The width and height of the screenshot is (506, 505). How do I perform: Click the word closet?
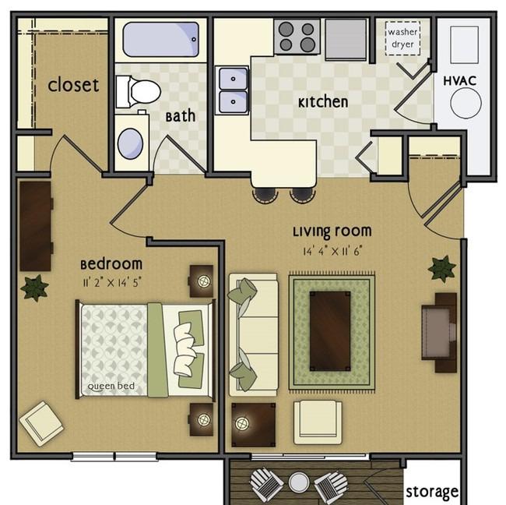pos(73,85)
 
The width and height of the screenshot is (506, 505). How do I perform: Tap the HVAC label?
pos(459,81)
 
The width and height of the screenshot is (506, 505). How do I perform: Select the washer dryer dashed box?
pos(402,38)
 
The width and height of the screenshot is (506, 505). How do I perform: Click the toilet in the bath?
pos(138,92)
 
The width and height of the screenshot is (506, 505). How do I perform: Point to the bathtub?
pos(160,40)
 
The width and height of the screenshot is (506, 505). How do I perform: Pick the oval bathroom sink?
pos(130,143)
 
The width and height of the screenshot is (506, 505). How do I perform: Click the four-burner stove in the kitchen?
pos(297,37)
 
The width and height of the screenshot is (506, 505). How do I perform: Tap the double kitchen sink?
pos(233,90)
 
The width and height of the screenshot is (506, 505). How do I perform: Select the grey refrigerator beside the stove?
pos(346,40)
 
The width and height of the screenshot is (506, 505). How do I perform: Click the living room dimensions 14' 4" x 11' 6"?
pos(332,251)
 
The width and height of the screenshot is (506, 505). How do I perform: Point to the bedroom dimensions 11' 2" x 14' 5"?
pos(111,283)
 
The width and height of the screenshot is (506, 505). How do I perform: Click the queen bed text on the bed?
pos(111,386)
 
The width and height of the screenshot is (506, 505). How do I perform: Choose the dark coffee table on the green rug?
pos(330,331)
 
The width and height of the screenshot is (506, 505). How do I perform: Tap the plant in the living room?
pos(442,269)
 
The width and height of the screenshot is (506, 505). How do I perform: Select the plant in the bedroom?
pos(34,288)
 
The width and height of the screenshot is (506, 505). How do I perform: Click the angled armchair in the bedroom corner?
pos(41,424)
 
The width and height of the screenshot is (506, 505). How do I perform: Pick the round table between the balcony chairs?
pos(298,482)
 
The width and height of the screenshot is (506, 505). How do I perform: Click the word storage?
pos(432,492)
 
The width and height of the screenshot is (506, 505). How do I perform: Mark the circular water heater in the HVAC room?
pos(466,104)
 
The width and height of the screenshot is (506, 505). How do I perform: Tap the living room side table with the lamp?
pos(254,424)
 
